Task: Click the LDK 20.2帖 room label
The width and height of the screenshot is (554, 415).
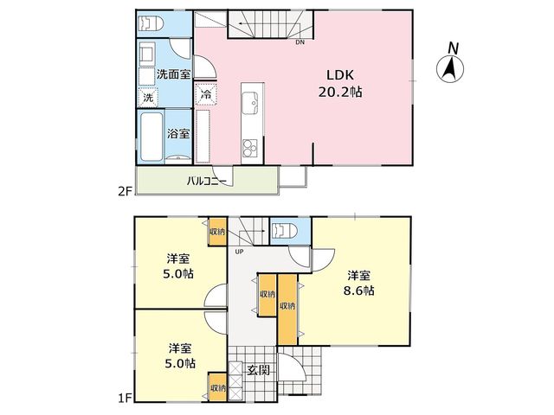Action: tap(340, 83)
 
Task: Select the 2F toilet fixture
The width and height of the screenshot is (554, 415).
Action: tap(151, 23)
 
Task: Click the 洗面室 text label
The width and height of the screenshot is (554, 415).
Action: tap(173, 74)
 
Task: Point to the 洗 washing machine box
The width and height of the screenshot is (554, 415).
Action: tap(148, 98)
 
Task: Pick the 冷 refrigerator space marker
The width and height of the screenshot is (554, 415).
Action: tap(206, 94)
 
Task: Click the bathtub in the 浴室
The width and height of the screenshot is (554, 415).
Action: tap(151, 137)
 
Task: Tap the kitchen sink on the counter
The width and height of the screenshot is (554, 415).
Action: tap(253, 102)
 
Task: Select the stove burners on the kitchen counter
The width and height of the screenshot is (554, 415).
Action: tap(250, 148)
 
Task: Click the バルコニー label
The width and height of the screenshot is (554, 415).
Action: tap(207, 182)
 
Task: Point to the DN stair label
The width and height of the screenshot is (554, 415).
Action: tap(300, 42)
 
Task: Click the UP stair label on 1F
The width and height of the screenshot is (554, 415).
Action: tap(240, 252)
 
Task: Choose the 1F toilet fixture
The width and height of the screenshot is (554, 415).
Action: tap(285, 231)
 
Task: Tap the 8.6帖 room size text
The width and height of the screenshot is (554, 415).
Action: tap(359, 290)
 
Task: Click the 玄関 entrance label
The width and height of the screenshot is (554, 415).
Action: tap(259, 370)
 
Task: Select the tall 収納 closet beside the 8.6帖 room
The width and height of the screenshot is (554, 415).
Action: tap(287, 310)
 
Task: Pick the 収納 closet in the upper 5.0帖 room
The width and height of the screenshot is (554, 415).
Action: tap(217, 232)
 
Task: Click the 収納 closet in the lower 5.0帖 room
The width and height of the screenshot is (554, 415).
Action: tap(217, 387)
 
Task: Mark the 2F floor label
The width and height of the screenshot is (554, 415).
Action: tap(125, 191)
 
